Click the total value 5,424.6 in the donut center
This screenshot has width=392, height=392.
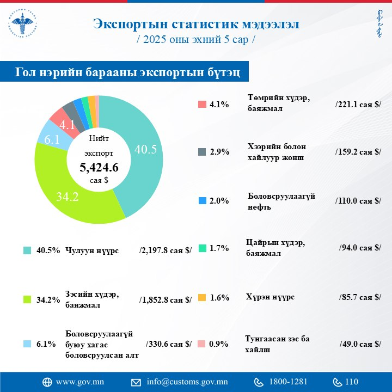[x=99, y=167]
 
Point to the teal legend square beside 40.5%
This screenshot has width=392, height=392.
[x=27, y=250]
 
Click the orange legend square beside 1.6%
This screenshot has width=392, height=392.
[x=202, y=298]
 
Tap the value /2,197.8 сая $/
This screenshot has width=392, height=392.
[x=166, y=250]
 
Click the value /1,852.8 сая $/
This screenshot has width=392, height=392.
[x=166, y=299]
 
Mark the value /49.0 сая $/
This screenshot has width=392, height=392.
[x=359, y=344]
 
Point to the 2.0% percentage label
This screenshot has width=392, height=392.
[x=219, y=201]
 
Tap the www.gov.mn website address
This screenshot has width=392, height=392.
[x=81, y=382]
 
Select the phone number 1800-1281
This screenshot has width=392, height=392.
[x=288, y=382]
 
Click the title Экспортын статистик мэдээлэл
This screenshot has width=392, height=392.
[x=195, y=24]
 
